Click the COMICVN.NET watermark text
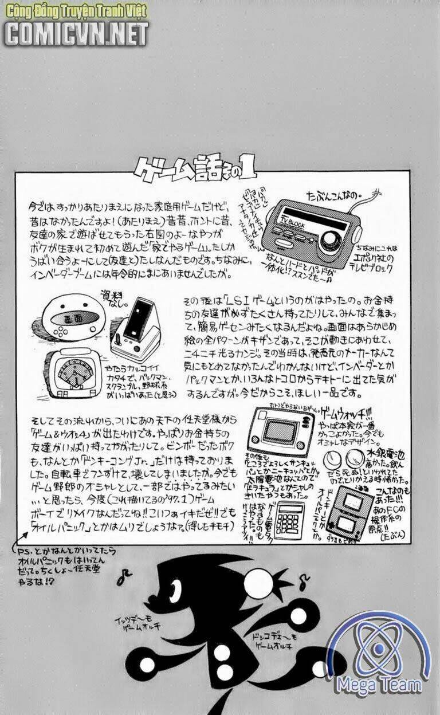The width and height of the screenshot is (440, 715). click(x=76, y=34)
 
